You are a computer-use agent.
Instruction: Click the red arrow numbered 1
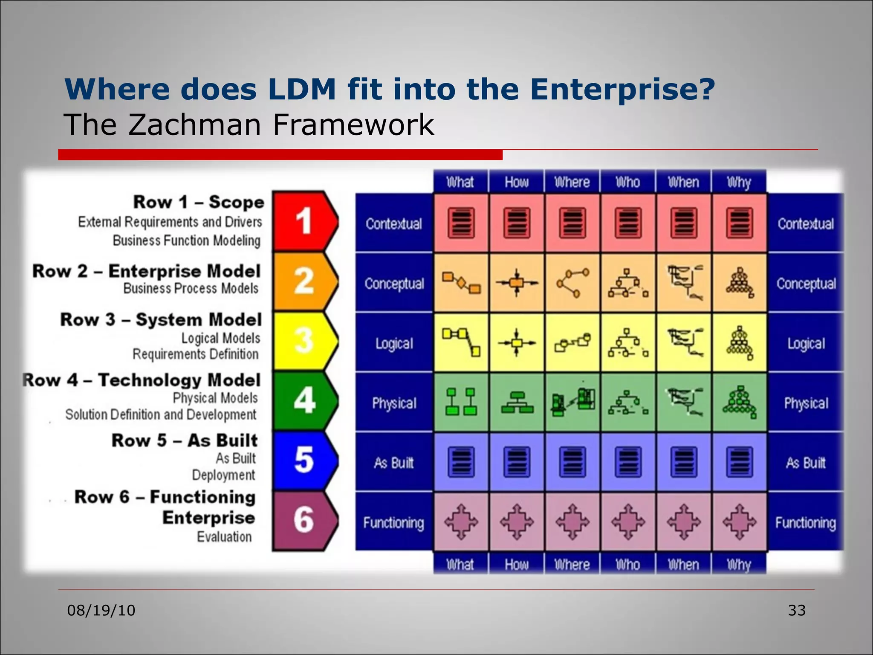click(x=304, y=221)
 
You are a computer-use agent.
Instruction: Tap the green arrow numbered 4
click(x=304, y=400)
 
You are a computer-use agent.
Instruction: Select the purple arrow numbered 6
click(x=304, y=520)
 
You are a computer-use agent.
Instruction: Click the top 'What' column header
click(x=460, y=182)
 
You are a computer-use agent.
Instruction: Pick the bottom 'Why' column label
click(x=739, y=564)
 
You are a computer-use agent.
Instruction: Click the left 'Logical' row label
click(x=394, y=343)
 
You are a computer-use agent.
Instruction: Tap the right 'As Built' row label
click(x=806, y=463)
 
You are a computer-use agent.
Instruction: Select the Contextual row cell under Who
click(x=628, y=223)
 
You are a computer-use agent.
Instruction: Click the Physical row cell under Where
click(x=572, y=402)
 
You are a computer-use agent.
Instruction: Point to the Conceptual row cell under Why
click(x=739, y=283)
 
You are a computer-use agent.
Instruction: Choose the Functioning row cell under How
click(x=517, y=522)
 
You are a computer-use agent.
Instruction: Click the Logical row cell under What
click(x=461, y=342)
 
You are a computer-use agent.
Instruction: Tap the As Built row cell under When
click(x=684, y=462)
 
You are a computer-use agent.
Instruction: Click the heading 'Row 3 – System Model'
click(x=161, y=320)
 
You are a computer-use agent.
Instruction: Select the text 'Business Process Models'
click(x=191, y=289)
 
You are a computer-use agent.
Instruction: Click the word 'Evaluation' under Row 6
click(x=224, y=537)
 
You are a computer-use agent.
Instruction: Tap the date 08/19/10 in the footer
click(x=101, y=610)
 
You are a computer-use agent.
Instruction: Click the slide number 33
click(x=796, y=610)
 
